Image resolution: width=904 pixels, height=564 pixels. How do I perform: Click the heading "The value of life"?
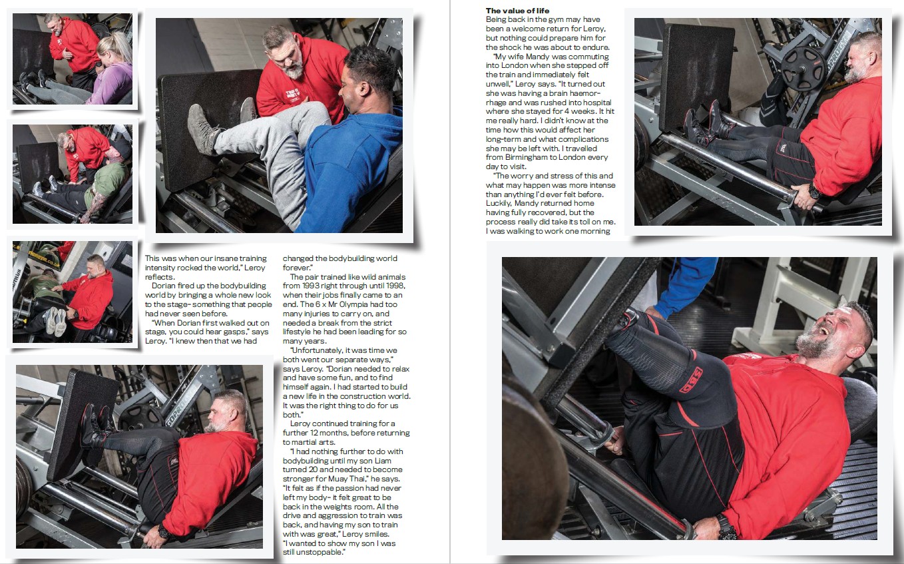pyautogui.click(x=517, y=11)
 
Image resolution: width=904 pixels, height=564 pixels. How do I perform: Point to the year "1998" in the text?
pyautogui.click(x=394, y=286)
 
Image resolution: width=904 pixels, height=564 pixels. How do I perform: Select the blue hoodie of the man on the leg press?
pyautogui.click(x=350, y=170)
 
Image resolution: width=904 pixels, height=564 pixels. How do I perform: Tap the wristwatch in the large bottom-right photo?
pyautogui.click(x=727, y=526)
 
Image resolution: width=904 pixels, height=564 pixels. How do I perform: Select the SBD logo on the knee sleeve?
pyautogui.click(x=692, y=379)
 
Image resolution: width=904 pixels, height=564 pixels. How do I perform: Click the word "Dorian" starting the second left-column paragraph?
pyautogui.click(x=164, y=286)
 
